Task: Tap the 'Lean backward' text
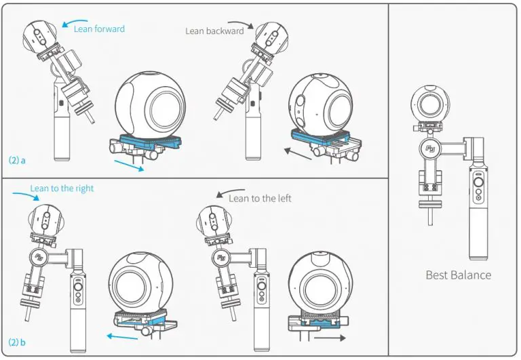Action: [214, 31]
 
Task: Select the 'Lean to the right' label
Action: [62, 188]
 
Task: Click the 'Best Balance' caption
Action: [458, 275]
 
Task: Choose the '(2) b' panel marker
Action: [18, 342]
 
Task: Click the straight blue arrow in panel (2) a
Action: [128, 165]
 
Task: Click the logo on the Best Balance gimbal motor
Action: [429, 146]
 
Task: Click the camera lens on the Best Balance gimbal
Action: [429, 105]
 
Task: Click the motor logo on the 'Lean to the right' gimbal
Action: [40, 256]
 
